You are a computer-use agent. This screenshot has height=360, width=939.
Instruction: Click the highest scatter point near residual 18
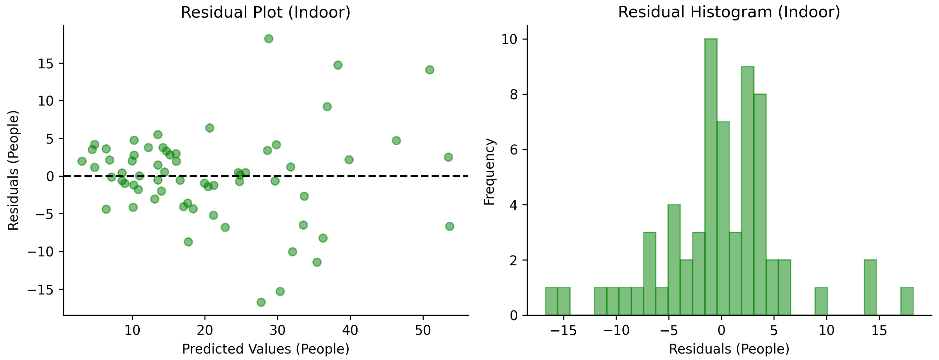(x=269, y=39)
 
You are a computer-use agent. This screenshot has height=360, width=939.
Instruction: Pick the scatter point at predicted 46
(x=396, y=141)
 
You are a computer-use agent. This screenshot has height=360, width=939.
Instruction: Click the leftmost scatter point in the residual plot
(x=82, y=161)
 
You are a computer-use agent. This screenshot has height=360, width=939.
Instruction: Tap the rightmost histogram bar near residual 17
(x=907, y=301)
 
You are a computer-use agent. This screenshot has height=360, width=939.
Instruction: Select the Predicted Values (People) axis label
(x=265, y=349)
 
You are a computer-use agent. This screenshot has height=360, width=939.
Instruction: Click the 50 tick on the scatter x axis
(x=423, y=330)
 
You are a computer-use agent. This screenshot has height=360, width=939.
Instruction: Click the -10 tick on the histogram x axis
(x=616, y=330)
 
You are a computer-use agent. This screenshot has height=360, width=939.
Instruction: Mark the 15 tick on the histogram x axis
(x=879, y=330)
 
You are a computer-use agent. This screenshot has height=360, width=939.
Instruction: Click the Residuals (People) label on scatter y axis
(x=13, y=170)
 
